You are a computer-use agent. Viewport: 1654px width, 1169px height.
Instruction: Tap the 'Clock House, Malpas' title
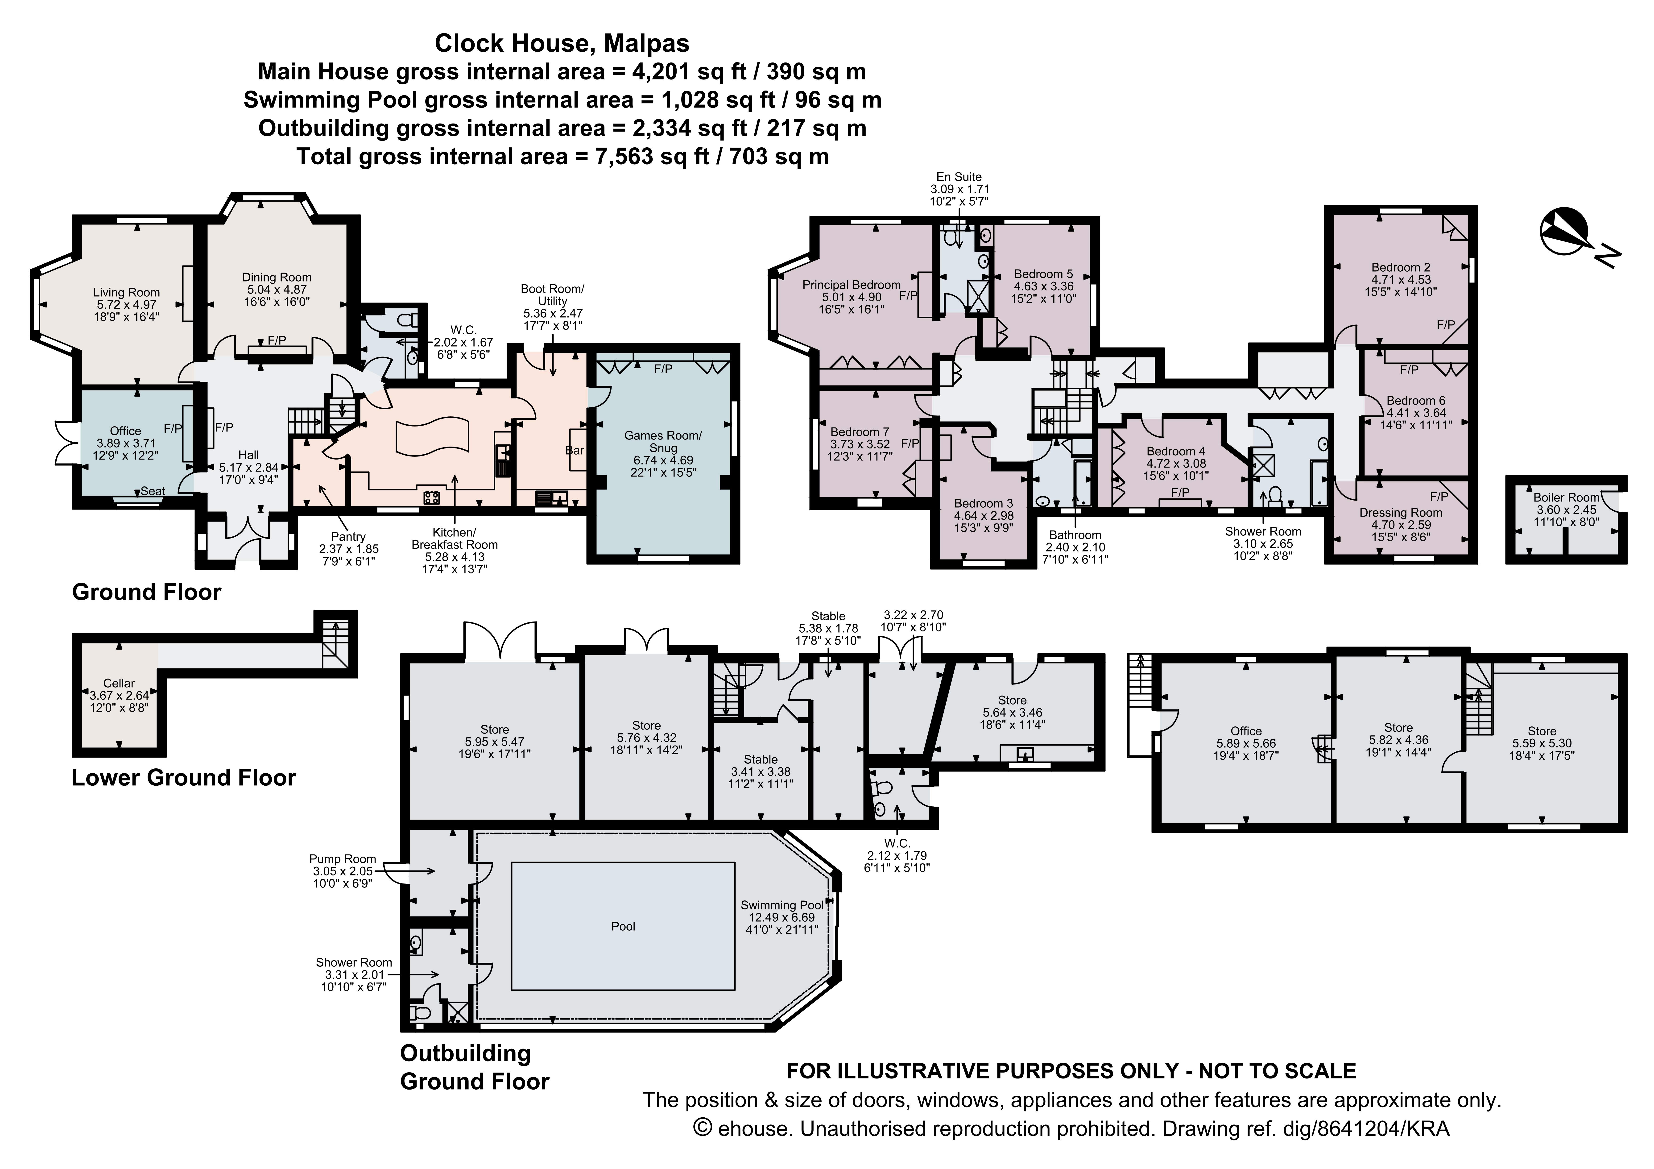coord(562,43)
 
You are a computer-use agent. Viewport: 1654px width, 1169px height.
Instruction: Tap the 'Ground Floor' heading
coord(146,592)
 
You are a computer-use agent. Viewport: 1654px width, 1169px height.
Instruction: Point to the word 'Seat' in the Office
coord(153,491)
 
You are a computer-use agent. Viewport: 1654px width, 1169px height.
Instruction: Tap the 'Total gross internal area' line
coord(563,156)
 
